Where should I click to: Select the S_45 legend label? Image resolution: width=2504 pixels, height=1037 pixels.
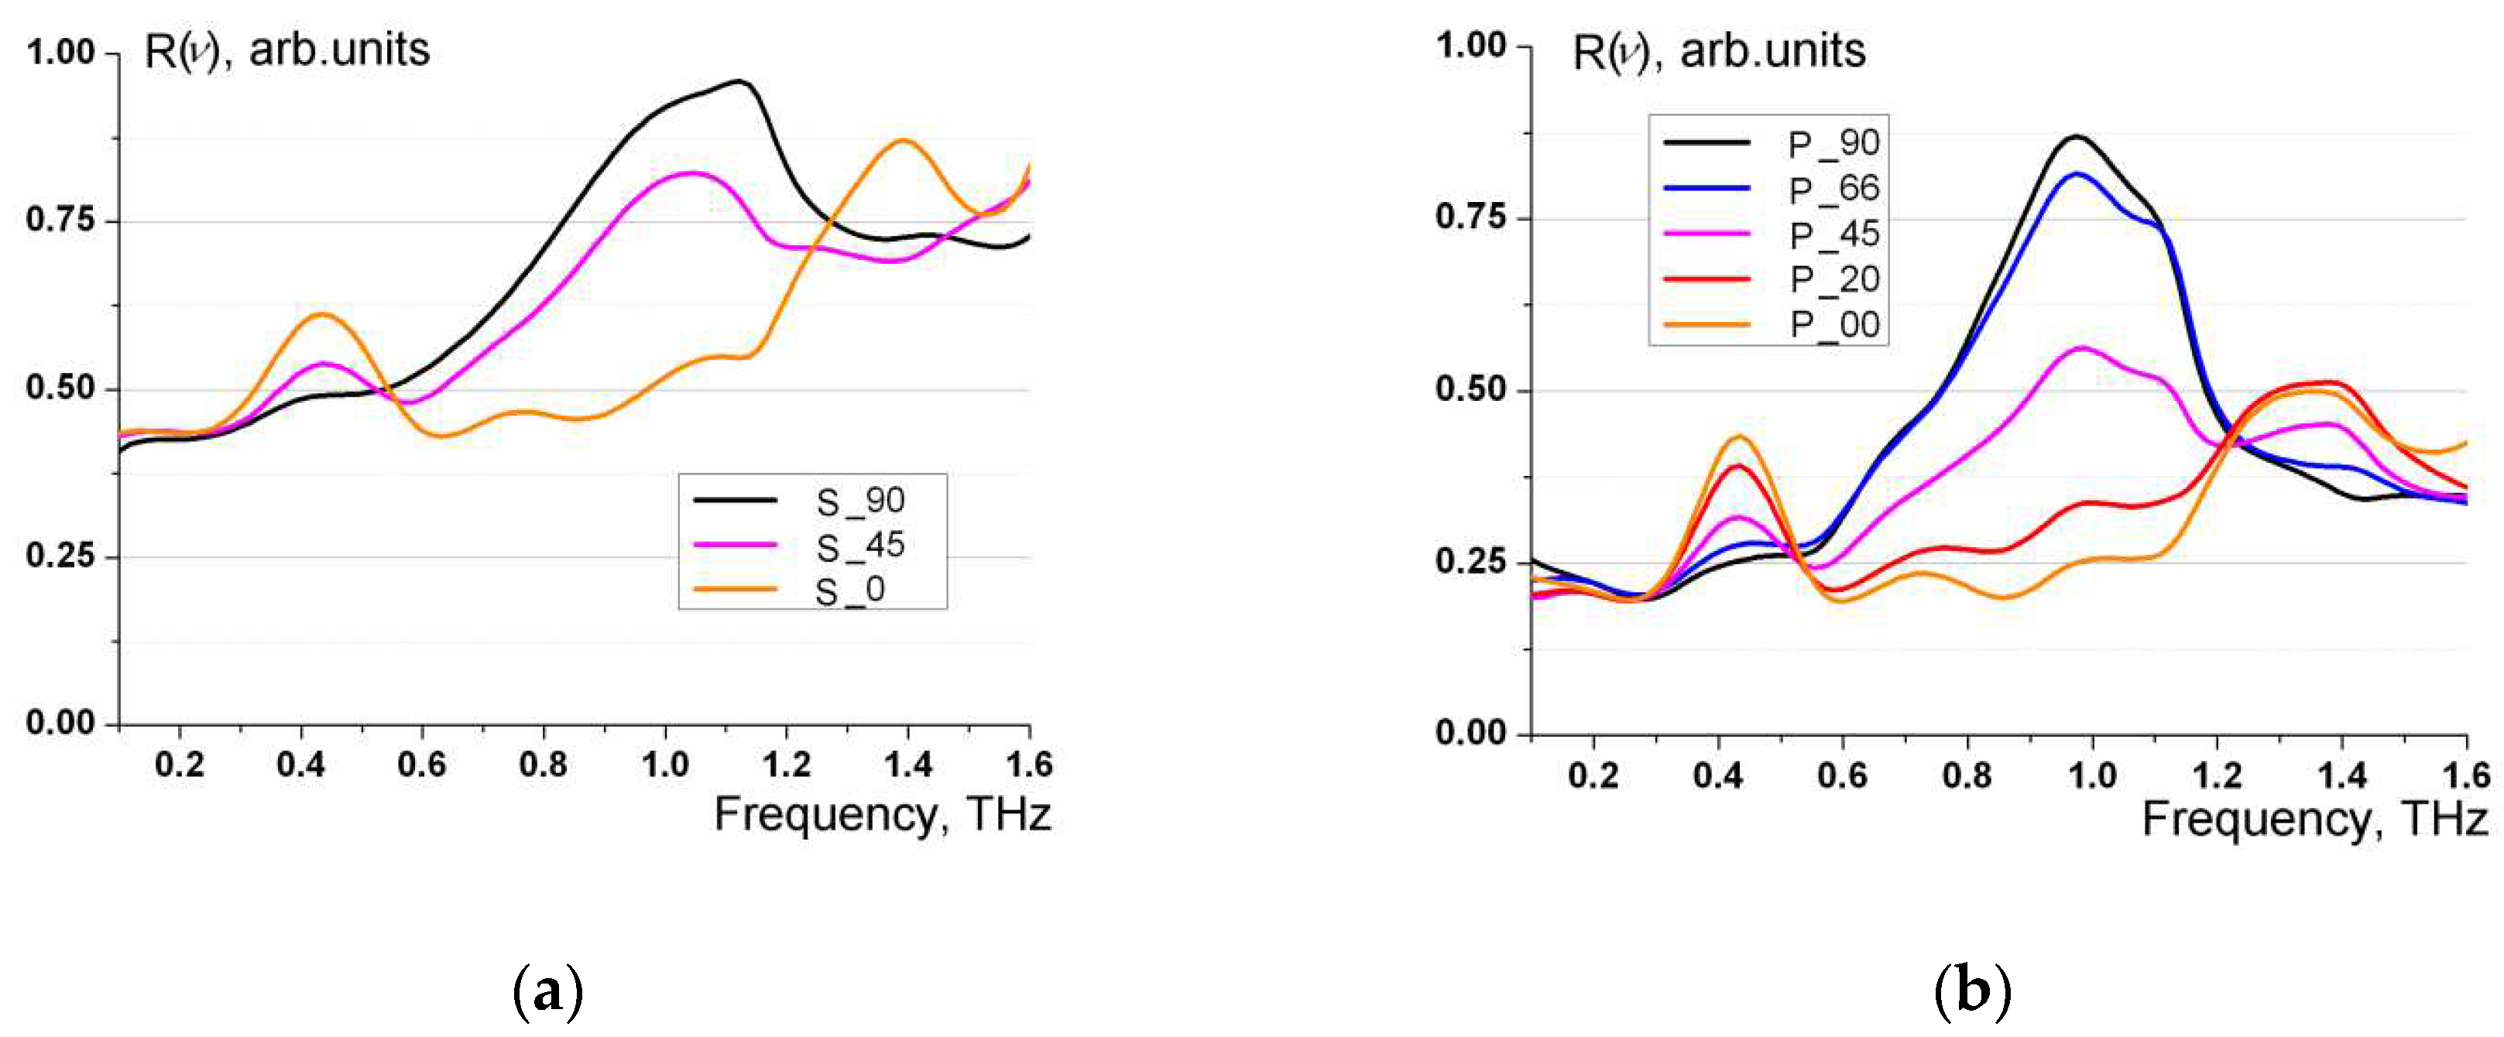859,546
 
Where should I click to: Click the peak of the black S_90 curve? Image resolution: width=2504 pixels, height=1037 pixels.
739,81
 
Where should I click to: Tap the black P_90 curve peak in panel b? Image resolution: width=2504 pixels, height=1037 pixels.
2077,137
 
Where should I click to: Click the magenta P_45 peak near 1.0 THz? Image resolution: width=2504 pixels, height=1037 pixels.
2080,348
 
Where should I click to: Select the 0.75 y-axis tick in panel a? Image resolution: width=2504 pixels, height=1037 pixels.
60,220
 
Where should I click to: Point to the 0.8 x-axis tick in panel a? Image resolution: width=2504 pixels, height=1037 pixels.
544,765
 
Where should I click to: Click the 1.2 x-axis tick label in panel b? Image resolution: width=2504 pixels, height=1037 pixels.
2218,775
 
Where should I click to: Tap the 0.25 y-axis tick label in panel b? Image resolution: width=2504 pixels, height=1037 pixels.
1470,562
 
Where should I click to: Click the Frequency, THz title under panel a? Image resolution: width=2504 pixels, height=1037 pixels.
882,814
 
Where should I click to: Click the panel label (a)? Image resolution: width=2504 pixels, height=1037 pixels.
547,991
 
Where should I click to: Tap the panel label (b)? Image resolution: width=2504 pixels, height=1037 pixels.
1972,991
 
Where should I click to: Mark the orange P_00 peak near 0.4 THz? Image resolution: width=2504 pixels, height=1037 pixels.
1739,437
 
